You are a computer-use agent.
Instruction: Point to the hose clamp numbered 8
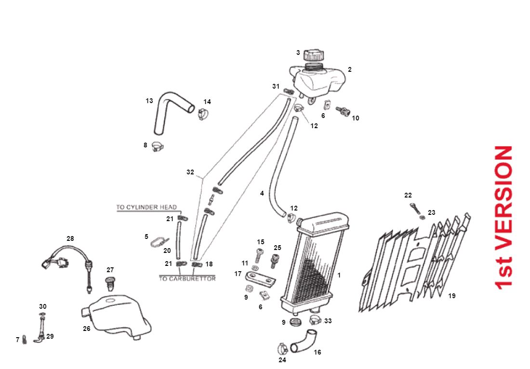click(x=158, y=145)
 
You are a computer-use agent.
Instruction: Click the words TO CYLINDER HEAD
click(x=146, y=208)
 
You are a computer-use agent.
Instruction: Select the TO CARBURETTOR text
click(x=187, y=279)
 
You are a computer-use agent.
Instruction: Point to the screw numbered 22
click(x=414, y=208)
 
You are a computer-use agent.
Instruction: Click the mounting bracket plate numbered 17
click(x=260, y=277)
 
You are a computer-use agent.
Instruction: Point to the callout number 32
click(x=190, y=172)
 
